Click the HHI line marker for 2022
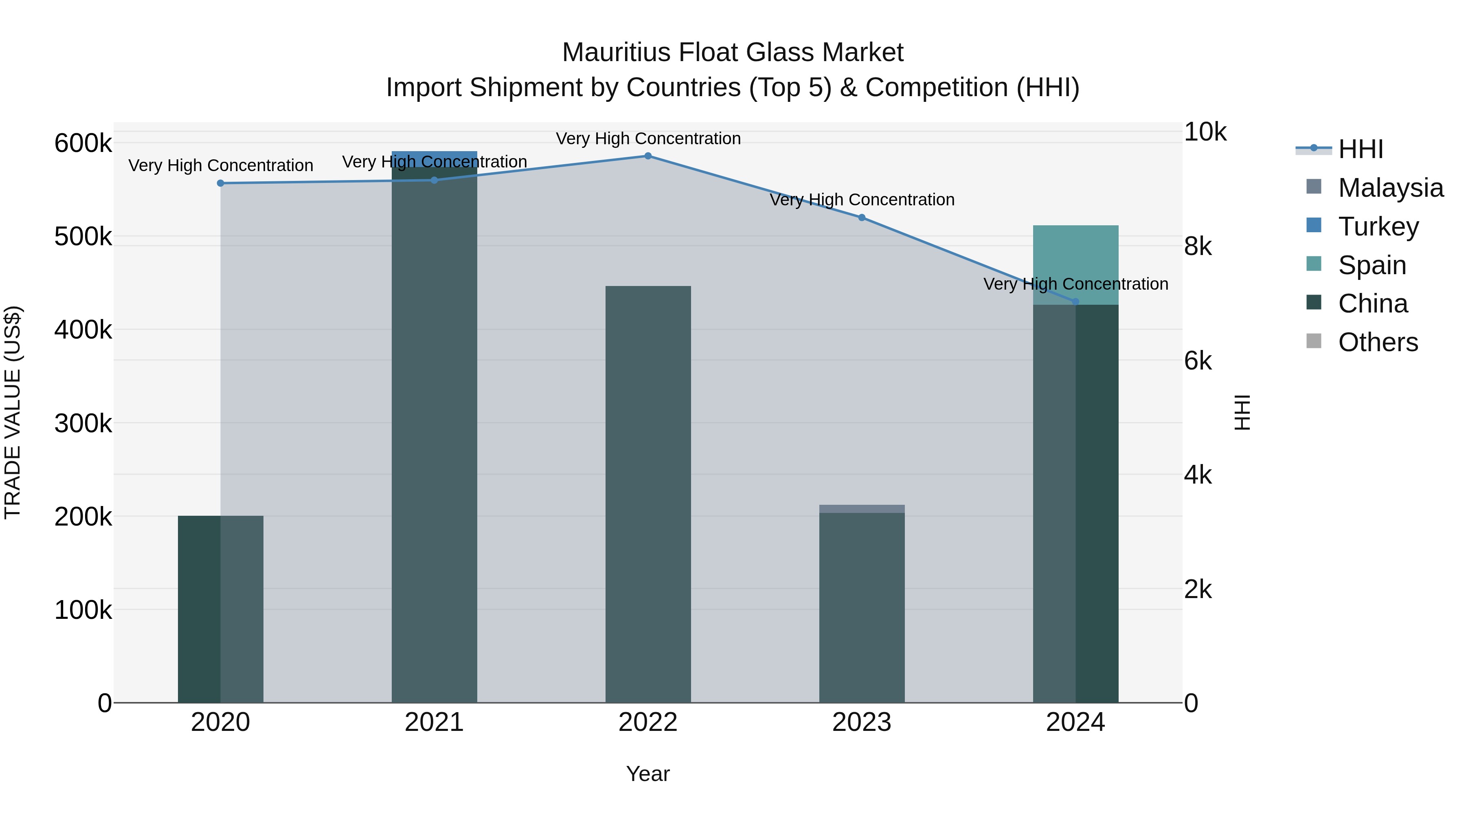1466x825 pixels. click(647, 156)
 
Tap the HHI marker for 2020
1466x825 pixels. click(221, 183)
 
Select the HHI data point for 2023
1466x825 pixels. click(862, 218)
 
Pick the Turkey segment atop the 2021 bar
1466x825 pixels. click(434, 158)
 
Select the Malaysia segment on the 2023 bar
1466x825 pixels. click(862, 509)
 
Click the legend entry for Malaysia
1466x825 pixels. click(1390, 188)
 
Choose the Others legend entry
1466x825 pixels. click(1377, 342)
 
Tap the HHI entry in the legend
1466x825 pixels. click(1360, 149)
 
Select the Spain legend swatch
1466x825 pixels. click(1313, 264)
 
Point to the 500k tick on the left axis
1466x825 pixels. click(83, 237)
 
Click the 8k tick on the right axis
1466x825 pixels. click(1198, 246)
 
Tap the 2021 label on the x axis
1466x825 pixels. click(434, 722)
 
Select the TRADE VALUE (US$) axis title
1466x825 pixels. click(13, 412)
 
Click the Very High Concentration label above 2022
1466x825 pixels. click(647, 139)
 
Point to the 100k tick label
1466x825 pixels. click(83, 610)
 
